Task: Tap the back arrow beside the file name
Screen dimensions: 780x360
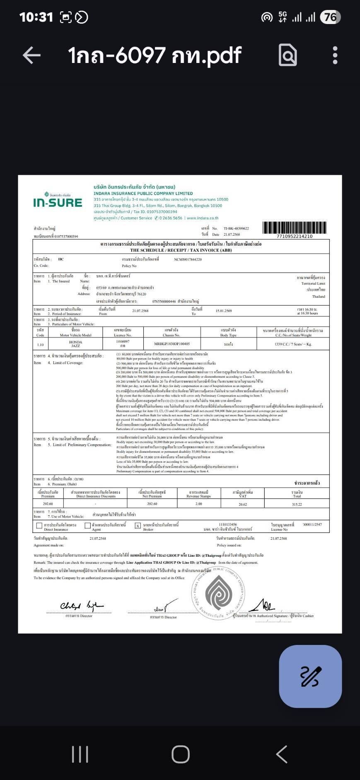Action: [x=31, y=55]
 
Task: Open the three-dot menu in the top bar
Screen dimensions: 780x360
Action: [x=335, y=55]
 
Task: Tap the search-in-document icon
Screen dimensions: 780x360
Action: [x=288, y=55]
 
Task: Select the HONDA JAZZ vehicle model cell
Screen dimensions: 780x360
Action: [x=75, y=344]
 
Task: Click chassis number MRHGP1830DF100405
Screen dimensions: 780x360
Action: [x=172, y=344]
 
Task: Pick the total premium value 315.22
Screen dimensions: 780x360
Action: [x=297, y=504]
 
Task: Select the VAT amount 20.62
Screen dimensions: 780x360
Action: [x=243, y=504]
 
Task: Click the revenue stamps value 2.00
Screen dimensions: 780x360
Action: [x=199, y=504]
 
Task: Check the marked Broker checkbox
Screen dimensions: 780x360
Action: [x=138, y=526]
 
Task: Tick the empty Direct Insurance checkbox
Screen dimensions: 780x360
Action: [x=39, y=526]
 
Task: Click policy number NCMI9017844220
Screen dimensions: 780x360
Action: [x=188, y=259]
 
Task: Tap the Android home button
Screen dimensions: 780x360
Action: [x=181, y=754]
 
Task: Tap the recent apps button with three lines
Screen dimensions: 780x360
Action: [x=80, y=754]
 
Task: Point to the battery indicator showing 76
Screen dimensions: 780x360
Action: [x=330, y=17]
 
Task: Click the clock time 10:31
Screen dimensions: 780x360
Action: [x=36, y=17]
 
